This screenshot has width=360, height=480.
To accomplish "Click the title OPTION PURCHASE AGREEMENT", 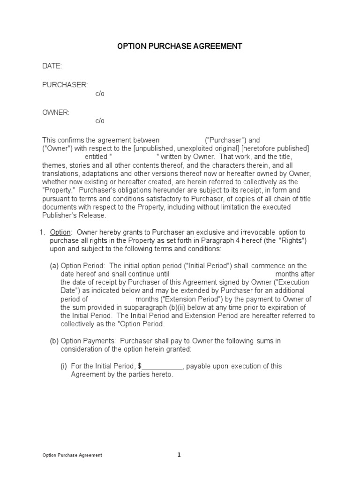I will click(180, 46).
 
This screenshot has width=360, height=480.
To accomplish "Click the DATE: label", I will click(52, 66).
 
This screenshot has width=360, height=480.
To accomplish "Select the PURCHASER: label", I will click(65, 85).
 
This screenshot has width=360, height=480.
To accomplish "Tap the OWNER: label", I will click(56, 112).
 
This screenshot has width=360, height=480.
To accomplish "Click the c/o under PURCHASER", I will click(100, 94).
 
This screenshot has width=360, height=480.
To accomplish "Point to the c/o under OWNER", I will click(100, 121).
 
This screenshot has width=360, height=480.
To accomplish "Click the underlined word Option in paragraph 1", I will click(60, 232).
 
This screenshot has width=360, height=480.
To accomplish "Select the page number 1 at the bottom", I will click(179, 455).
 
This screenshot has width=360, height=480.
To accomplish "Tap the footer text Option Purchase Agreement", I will click(72, 455).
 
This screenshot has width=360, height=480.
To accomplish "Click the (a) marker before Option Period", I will click(54, 266).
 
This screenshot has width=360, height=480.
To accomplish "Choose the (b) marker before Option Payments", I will click(54, 341).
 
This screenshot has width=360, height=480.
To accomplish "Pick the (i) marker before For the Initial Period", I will click(64, 366).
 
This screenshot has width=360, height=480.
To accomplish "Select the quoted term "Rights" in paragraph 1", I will click(293, 241).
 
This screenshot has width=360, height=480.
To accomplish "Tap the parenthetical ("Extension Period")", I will click(192, 299).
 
